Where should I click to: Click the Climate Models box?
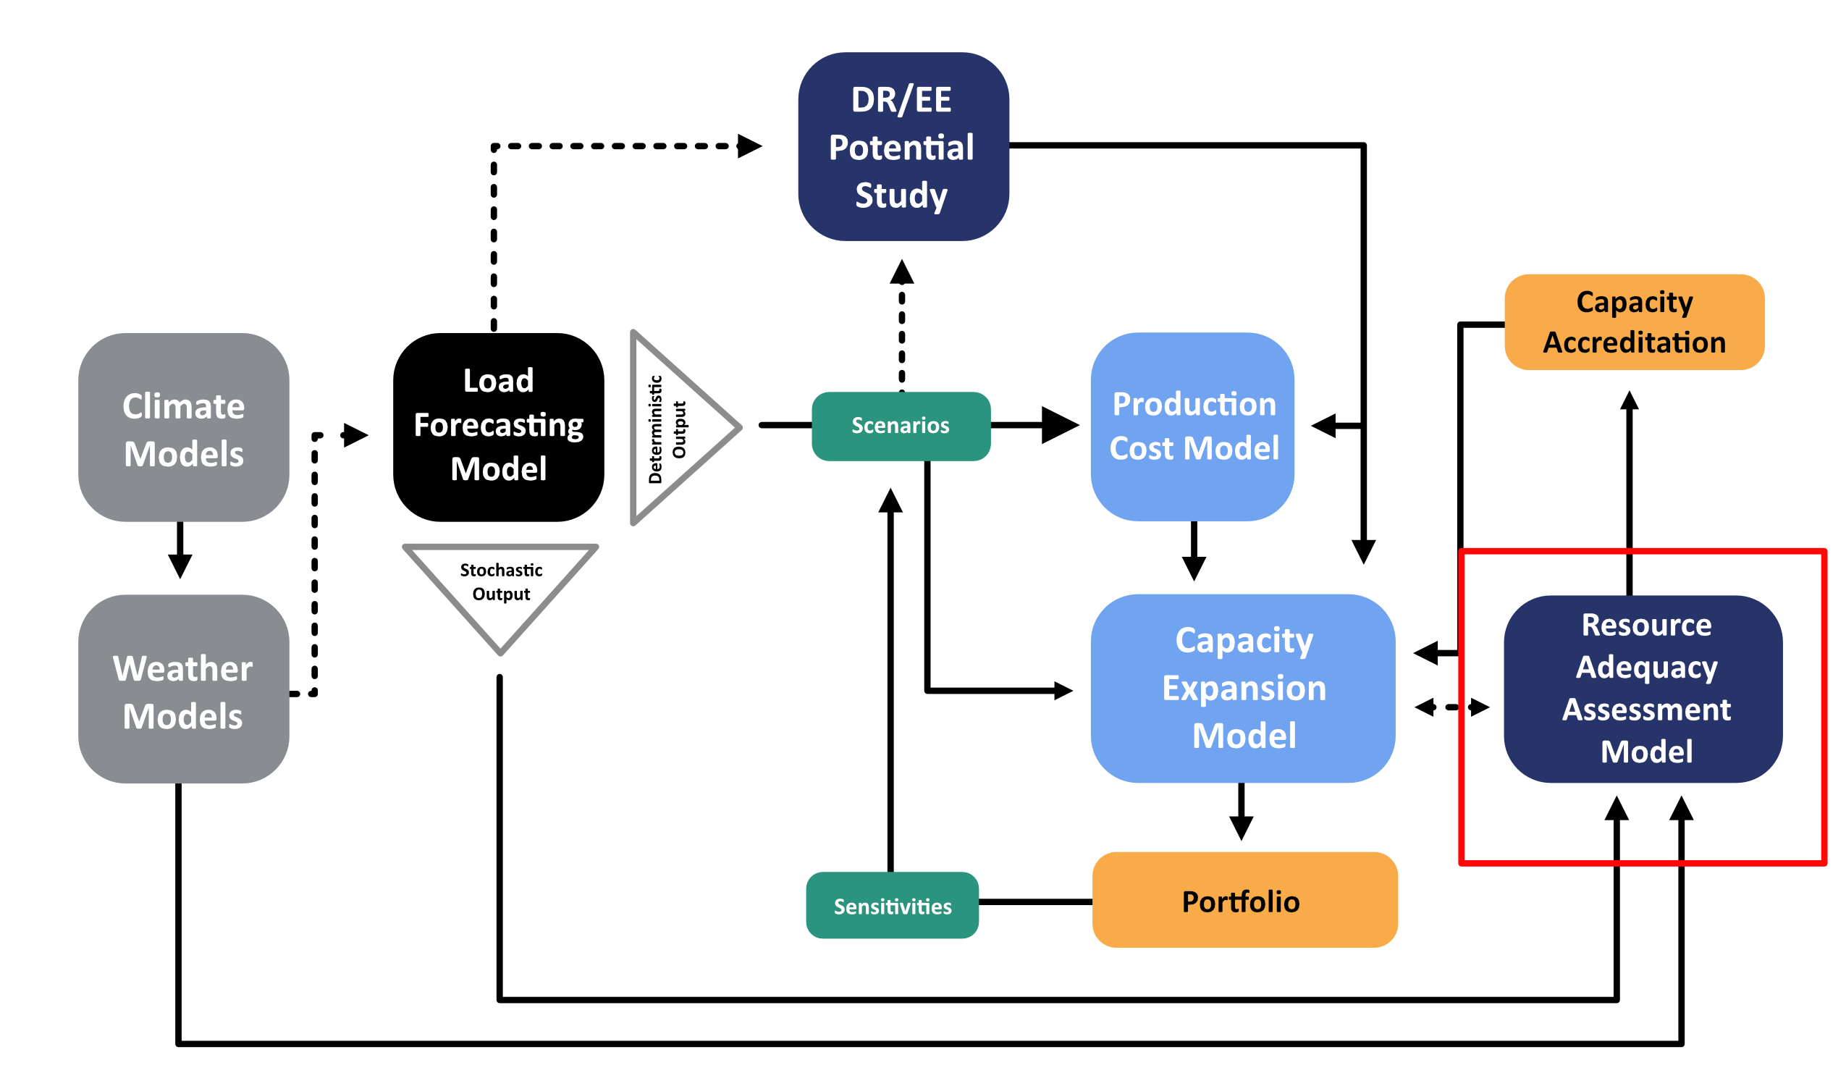click(183, 428)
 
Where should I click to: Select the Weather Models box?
click(183, 690)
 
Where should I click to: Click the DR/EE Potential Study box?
click(903, 147)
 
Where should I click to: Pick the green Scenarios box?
click(901, 426)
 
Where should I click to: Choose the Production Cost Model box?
click(1192, 426)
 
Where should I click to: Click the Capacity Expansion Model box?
click(1242, 689)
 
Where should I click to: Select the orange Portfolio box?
click(1244, 901)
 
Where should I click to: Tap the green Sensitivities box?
click(892, 906)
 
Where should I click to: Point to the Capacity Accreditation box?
click(1634, 322)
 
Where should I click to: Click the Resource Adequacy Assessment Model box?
click(1643, 689)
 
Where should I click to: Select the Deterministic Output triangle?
click(675, 428)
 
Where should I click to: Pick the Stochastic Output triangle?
click(501, 587)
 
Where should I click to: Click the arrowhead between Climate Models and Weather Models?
click(180, 566)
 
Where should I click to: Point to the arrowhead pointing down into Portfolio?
click(1241, 828)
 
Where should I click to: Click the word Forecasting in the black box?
click(499, 426)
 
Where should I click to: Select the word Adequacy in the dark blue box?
click(1646, 667)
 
